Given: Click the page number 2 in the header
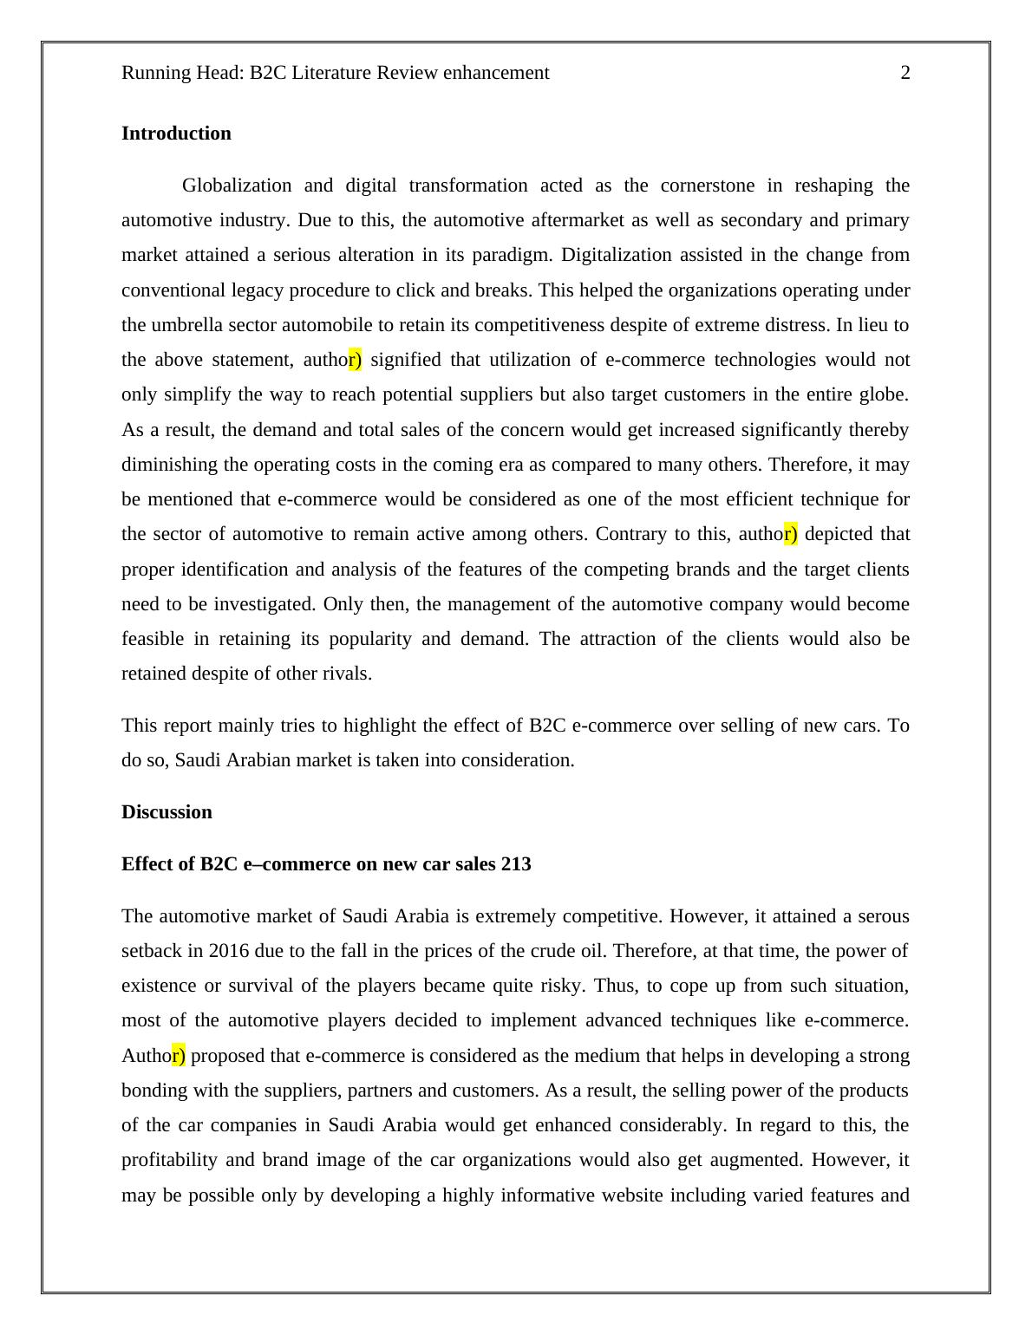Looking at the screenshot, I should click(x=905, y=73).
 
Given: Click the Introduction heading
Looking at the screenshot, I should click(x=176, y=133).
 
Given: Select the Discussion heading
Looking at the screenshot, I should click(x=167, y=812).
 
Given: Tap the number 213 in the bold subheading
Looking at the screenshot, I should click(x=516, y=864).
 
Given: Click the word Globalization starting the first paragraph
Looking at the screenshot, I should click(x=237, y=186).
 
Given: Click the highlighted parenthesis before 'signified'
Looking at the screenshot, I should click(x=356, y=360).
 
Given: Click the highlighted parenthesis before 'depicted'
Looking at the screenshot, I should click(x=792, y=534).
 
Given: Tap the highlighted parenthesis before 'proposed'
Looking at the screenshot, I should click(x=180, y=1056).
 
